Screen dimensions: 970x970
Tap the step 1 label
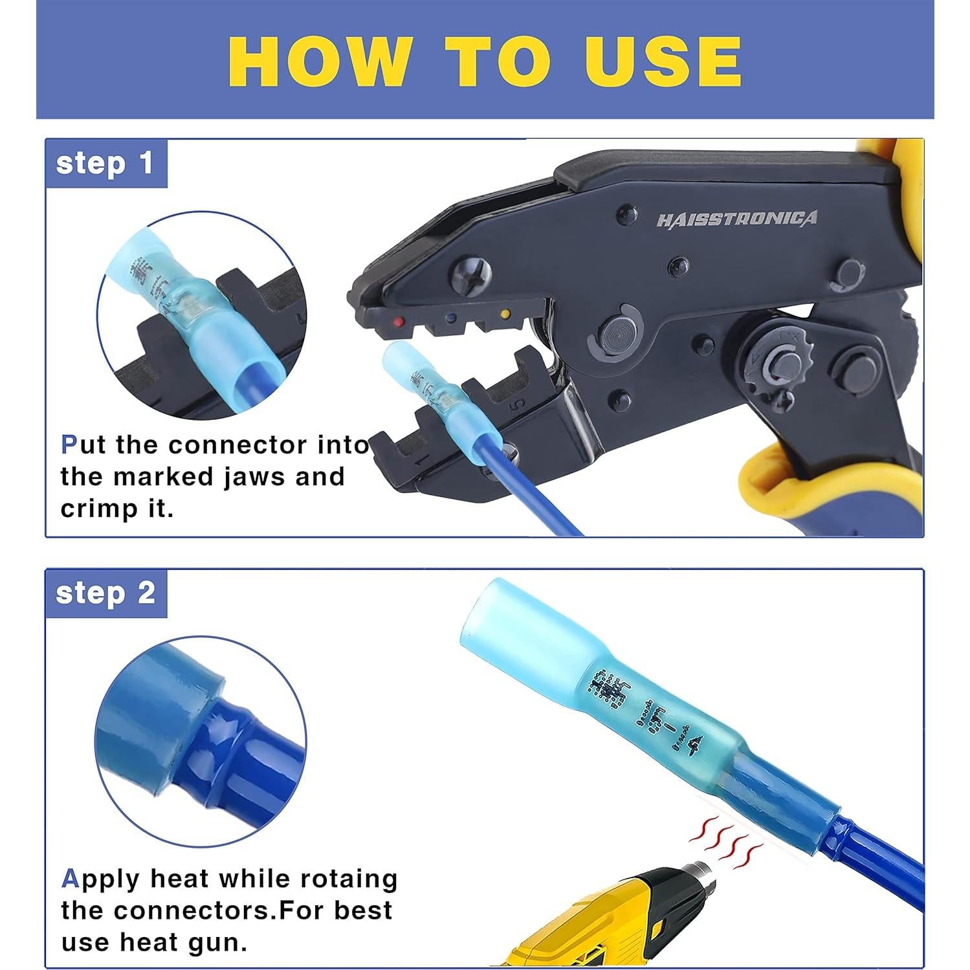click(105, 163)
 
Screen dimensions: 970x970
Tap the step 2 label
click(105, 593)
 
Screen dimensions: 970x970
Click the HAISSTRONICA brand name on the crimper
click(736, 219)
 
